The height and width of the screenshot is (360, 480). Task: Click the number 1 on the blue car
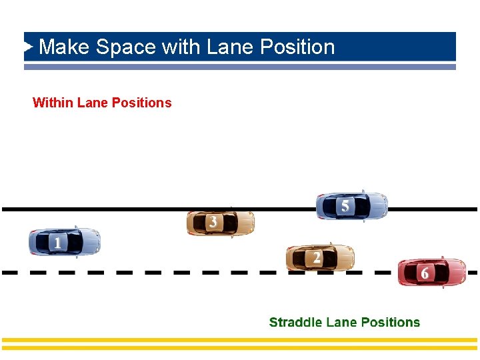click(x=57, y=243)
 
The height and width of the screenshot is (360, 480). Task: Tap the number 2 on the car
click(x=316, y=257)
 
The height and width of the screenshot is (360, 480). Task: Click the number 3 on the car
click(x=213, y=222)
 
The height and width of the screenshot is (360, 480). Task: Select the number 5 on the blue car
click(x=345, y=206)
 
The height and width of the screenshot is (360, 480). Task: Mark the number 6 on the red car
click(x=425, y=273)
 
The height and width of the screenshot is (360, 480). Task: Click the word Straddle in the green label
click(x=295, y=323)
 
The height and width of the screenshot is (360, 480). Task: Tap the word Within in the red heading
click(x=53, y=103)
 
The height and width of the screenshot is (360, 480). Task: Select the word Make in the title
click(x=65, y=47)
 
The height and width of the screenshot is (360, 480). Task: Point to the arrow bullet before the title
click(x=29, y=47)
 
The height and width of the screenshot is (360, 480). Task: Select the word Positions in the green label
click(x=389, y=323)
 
